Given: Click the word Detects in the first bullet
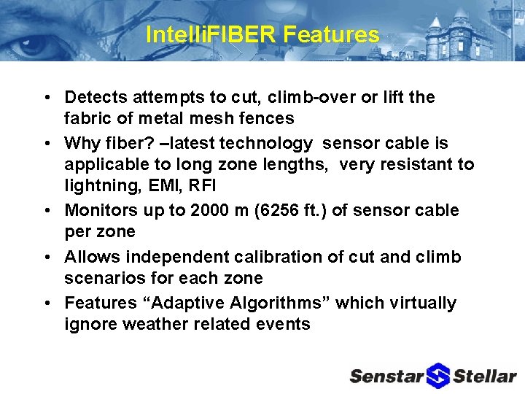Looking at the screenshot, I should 93,97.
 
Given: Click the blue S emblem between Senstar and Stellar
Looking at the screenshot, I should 438,375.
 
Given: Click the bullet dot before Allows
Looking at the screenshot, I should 46,258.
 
